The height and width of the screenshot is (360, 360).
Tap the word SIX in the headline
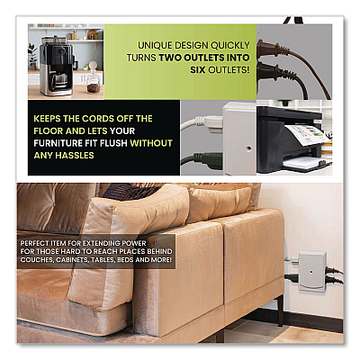pyautogui.click(x=198, y=69)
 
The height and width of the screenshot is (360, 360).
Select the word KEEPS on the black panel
pyautogui.click(x=46, y=119)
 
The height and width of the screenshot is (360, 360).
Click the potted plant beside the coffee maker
pyautogui.click(x=32, y=57)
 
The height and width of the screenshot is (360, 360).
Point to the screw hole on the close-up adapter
pyautogui.click(x=248, y=148)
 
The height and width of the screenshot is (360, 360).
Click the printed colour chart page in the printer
pyautogui.click(x=307, y=135)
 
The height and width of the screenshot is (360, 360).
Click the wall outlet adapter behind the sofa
pyautogui.click(x=312, y=271)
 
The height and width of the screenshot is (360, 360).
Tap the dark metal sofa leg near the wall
pyautogui.click(x=280, y=310)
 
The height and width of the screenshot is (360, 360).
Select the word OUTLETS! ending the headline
pyautogui.click(x=229, y=69)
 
